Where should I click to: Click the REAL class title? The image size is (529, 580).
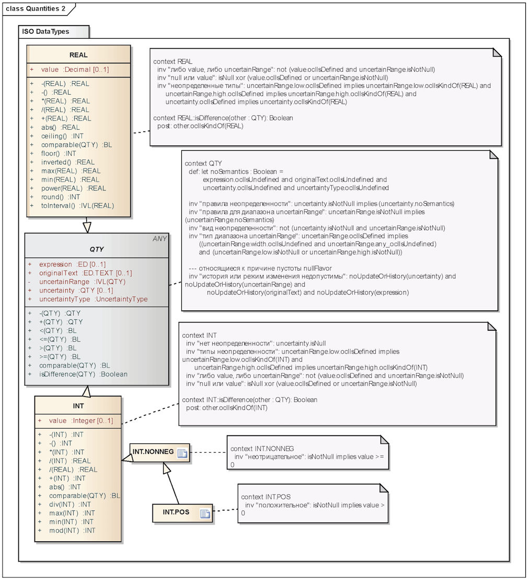coord(78,55)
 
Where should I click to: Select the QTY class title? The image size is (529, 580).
coord(97,250)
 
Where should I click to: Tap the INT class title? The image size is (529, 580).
coord(78,406)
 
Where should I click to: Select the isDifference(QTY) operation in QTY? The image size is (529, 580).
coord(83,374)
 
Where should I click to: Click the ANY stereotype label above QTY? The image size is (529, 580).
coord(159,239)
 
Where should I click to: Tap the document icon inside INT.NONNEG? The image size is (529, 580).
coord(182,453)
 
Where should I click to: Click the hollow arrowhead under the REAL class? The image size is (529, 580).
coord(87,226)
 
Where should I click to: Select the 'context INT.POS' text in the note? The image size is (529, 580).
coord(266,496)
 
